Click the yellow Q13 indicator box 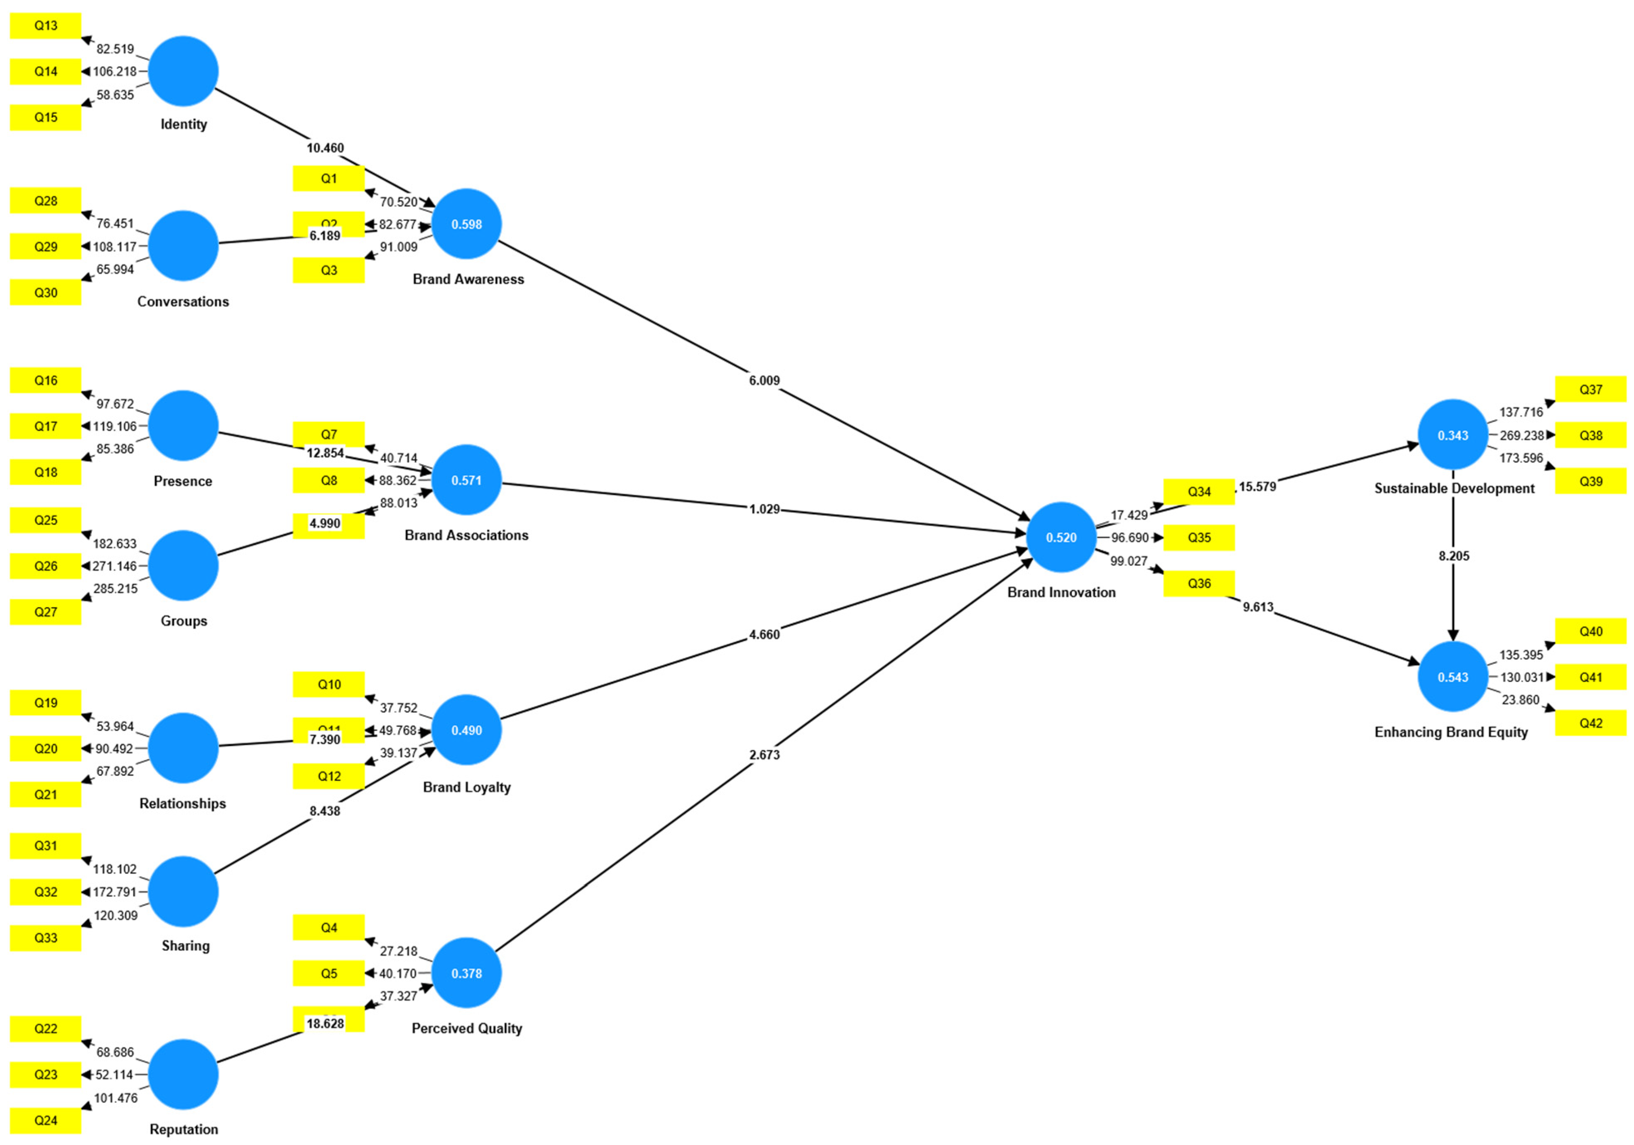point(46,26)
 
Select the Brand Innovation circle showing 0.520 point(1061,537)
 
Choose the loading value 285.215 point(115,588)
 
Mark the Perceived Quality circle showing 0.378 point(466,973)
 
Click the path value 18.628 point(325,1023)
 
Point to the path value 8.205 point(1453,556)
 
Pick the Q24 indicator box point(46,1120)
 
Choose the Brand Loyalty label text point(466,787)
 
